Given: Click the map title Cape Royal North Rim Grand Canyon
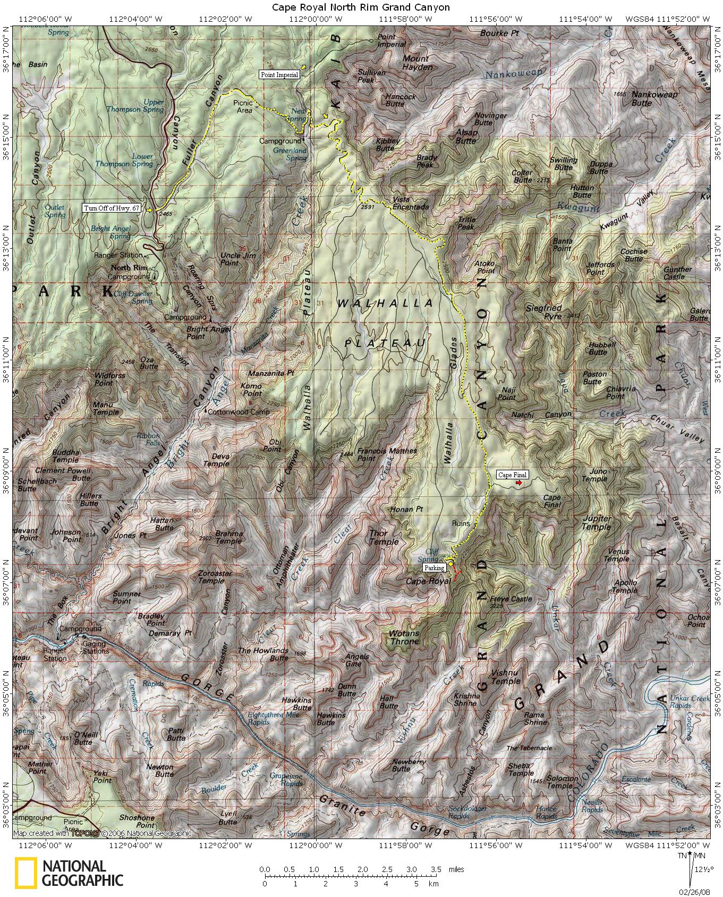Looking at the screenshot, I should [361, 7].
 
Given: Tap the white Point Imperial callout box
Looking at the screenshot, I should [279, 75].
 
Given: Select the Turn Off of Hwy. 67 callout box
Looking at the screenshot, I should [112, 208].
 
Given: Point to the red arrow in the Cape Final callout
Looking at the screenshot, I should [519, 475].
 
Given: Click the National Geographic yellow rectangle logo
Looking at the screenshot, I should [25, 873].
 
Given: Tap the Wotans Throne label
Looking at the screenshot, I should [404, 637].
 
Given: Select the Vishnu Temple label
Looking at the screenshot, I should [505, 676].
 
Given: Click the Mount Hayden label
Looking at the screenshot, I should [417, 63].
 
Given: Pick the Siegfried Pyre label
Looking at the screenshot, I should [543, 312].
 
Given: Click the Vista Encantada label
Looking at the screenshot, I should [411, 203].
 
